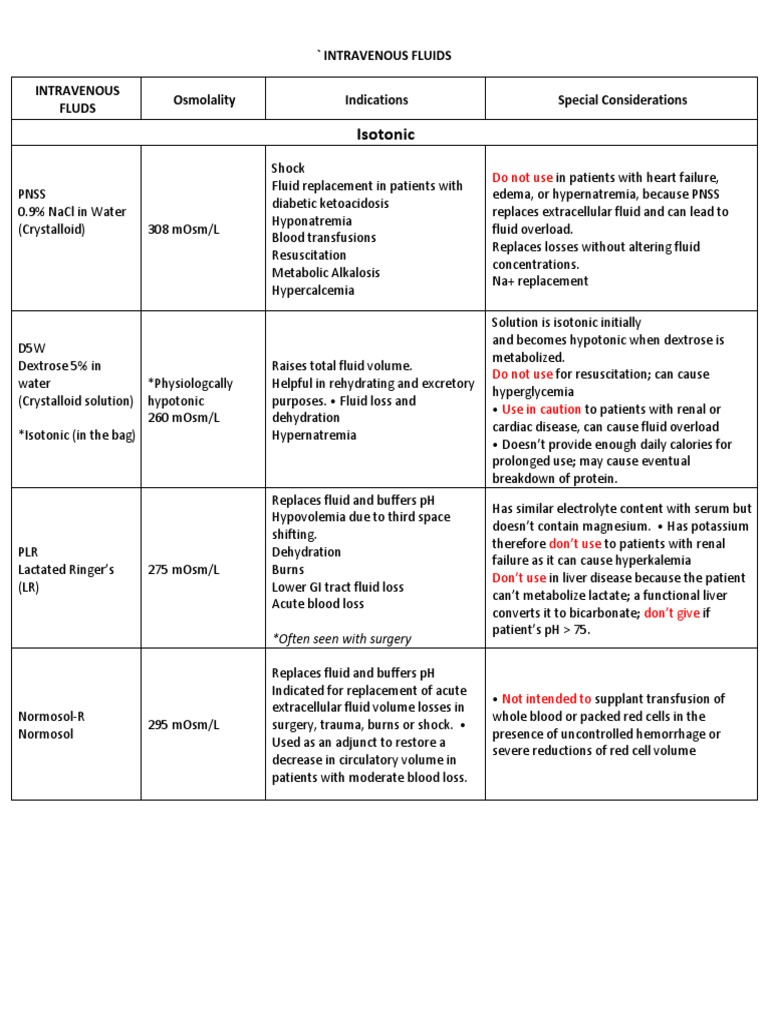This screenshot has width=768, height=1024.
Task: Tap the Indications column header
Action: [x=376, y=99]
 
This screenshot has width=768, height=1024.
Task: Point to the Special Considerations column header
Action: [x=622, y=99]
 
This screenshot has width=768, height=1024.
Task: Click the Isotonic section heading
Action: [x=384, y=133]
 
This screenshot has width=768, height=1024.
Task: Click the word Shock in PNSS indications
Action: [x=288, y=168]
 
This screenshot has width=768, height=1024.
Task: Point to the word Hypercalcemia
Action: [x=313, y=290]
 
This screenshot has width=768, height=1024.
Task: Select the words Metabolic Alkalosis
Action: [x=326, y=272]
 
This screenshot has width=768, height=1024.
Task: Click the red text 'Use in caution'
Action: [x=541, y=409]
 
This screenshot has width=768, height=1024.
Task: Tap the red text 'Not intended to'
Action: [x=547, y=699]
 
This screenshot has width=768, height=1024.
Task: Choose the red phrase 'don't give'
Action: [x=671, y=613]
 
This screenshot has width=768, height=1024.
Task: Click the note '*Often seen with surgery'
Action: [x=341, y=638]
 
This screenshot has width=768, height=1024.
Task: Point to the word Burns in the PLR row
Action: [x=289, y=569]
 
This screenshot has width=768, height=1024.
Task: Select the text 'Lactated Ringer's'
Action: [x=66, y=569]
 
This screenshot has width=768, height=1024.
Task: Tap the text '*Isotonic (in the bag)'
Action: [x=76, y=435]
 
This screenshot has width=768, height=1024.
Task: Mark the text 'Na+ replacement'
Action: [x=540, y=281]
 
